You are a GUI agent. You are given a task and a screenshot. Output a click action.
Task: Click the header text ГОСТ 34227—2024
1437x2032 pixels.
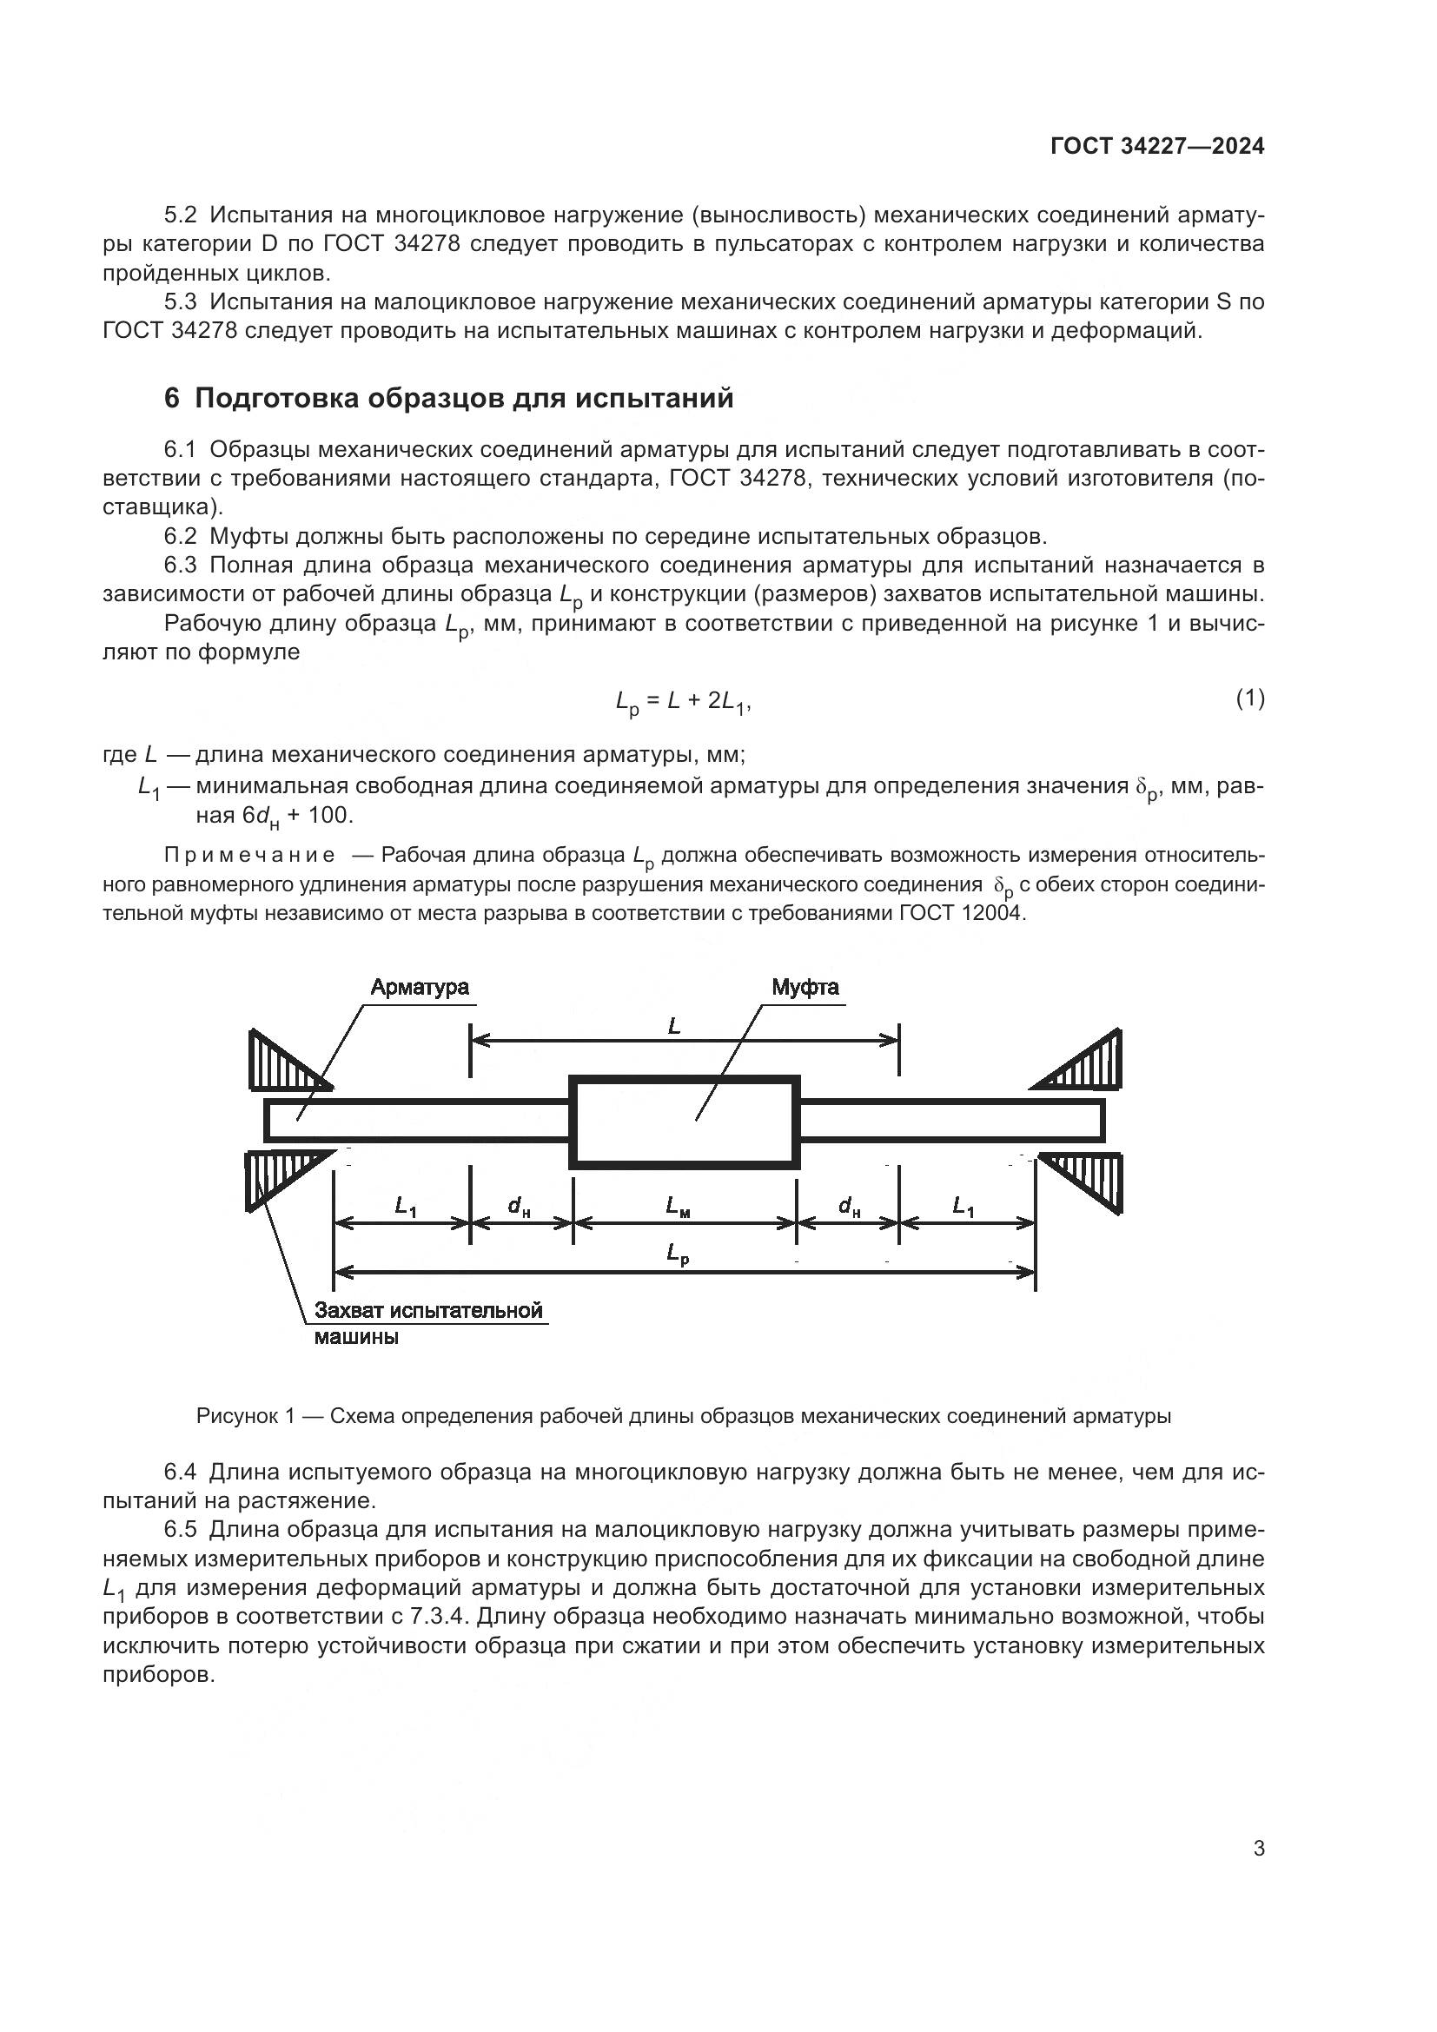1156,147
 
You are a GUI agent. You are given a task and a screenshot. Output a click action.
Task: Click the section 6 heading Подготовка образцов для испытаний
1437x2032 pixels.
448,399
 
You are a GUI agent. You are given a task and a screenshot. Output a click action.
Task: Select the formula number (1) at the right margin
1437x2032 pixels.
1249,699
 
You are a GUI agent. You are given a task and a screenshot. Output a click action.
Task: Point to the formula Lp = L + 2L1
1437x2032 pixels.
682,703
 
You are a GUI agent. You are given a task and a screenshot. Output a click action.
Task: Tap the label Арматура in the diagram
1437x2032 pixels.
420,988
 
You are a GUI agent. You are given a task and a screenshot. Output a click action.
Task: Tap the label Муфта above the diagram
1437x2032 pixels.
805,988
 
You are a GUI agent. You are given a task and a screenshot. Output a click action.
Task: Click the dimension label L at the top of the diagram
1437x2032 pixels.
674,1026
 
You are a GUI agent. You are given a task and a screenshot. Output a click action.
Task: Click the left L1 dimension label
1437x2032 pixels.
405,1206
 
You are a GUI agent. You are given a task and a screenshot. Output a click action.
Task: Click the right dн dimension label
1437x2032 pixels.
849,1206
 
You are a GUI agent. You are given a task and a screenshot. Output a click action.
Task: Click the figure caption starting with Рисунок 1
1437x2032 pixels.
683,1417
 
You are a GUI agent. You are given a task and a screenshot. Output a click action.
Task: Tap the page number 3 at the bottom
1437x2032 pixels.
1258,1849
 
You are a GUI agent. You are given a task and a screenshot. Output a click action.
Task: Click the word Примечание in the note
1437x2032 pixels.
249,856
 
